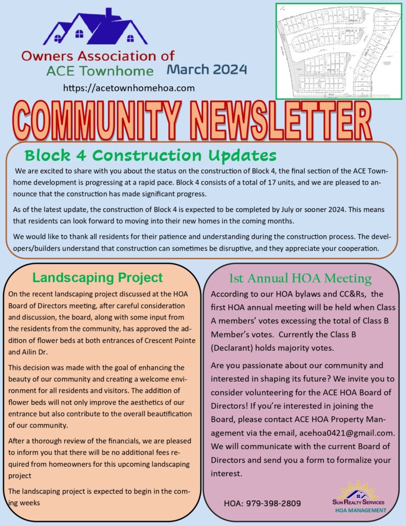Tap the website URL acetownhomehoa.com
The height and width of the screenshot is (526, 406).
129,88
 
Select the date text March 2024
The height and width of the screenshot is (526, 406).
206,69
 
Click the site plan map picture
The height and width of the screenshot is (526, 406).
339,51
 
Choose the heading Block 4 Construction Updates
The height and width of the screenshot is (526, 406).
150,155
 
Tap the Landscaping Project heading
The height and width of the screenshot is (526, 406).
98,278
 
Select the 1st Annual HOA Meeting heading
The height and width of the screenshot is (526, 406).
300,278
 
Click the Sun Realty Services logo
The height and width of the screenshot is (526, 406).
358,495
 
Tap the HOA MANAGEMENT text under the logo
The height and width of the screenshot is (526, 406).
360,510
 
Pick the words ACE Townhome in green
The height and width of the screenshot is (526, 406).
100,71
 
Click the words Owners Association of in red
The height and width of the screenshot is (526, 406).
98,55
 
